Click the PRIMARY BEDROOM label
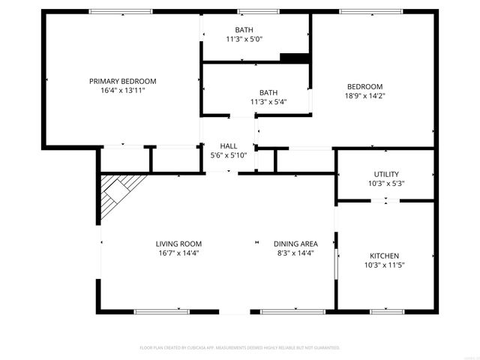(122, 81)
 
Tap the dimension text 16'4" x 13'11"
(122, 90)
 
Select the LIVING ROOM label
(178, 244)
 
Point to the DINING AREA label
(295, 244)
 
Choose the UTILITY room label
(386, 174)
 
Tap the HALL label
(229, 145)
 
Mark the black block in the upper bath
(294, 58)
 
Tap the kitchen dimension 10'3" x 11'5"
(385, 265)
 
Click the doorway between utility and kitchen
(385, 200)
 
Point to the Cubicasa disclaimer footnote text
(240, 348)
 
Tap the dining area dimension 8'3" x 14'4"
(295, 253)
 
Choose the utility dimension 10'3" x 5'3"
(386, 183)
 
